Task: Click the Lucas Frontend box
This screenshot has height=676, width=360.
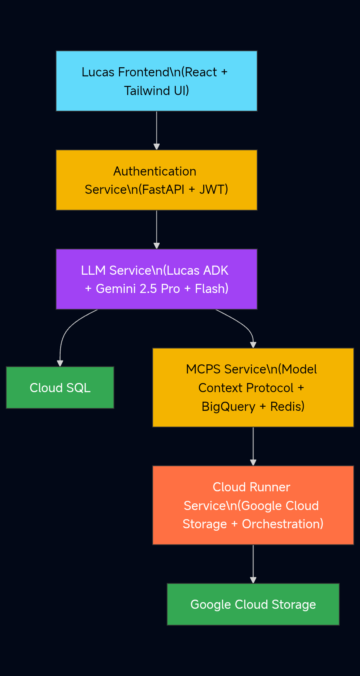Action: click(x=156, y=81)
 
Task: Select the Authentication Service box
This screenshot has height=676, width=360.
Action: click(x=156, y=180)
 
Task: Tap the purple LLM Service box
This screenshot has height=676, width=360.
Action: click(x=156, y=279)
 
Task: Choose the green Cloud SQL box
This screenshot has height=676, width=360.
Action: click(x=60, y=388)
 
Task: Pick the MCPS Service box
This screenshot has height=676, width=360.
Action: click(x=253, y=388)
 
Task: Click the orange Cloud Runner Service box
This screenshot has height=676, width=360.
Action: click(x=253, y=505)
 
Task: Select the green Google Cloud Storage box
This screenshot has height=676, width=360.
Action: click(x=253, y=604)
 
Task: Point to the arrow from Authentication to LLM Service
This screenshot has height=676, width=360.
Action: click(x=156, y=229)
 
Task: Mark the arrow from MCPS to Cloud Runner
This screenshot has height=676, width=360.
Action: click(x=253, y=446)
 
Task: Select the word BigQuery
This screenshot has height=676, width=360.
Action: click(x=228, y=407)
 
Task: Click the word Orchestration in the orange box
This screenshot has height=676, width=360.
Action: click(x=282, y=524)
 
